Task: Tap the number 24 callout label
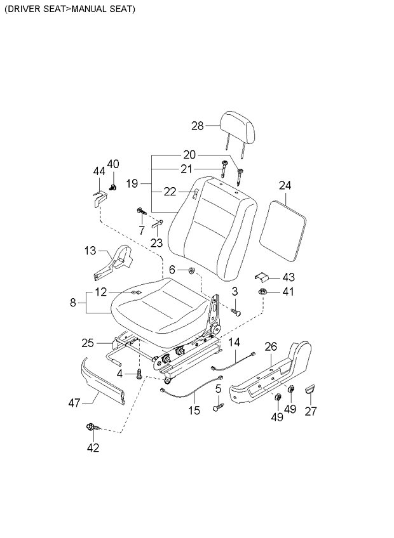tap(285, 185)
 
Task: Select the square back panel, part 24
tap(286, 230)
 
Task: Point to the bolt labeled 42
tap(90, 428)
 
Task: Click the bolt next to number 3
tap(236, 312)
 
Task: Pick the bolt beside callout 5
tap(218, 408)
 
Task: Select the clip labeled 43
tap(262, 277)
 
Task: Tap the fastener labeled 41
tap(261, 292)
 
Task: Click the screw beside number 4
tap(139, 374)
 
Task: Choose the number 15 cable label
tap(194, 410)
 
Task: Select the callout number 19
tap(132, 184)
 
